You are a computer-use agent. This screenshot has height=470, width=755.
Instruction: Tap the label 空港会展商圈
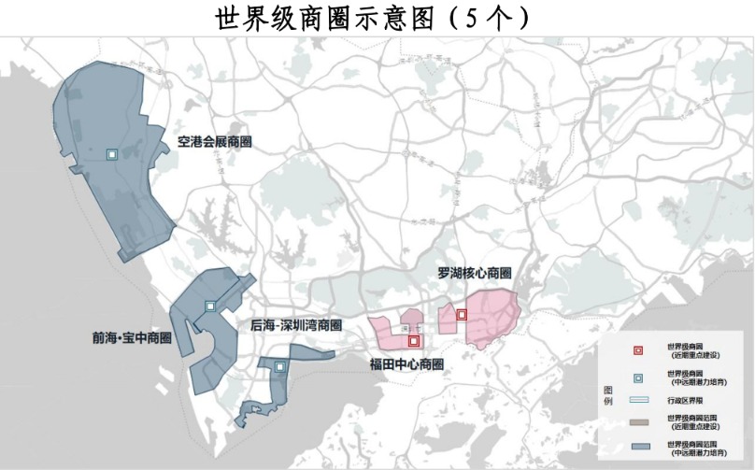pos(215,142)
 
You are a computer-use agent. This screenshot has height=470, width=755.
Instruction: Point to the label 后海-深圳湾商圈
pos(295,326)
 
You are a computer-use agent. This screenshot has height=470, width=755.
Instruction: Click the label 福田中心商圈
pos(406,364)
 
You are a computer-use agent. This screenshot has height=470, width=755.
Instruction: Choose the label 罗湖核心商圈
pos(474,274)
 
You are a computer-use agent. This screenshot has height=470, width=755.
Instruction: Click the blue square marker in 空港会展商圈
pos(111,154)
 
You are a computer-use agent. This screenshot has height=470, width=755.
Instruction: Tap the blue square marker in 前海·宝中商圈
pos(210,306)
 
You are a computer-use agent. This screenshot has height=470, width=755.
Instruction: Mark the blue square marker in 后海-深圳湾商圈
pos(279,367)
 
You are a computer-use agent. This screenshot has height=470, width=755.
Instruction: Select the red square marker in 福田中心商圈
pos(414,341)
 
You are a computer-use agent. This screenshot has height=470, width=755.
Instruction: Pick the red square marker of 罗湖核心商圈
pos(462,315)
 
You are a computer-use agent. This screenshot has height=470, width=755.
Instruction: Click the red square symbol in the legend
pos(638,351)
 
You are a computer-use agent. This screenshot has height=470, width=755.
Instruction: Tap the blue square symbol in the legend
pos(638,377)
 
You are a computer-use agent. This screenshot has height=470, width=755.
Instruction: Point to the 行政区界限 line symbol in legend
pos(638,400)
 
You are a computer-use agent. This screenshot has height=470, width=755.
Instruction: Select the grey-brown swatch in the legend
pos(638,423)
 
